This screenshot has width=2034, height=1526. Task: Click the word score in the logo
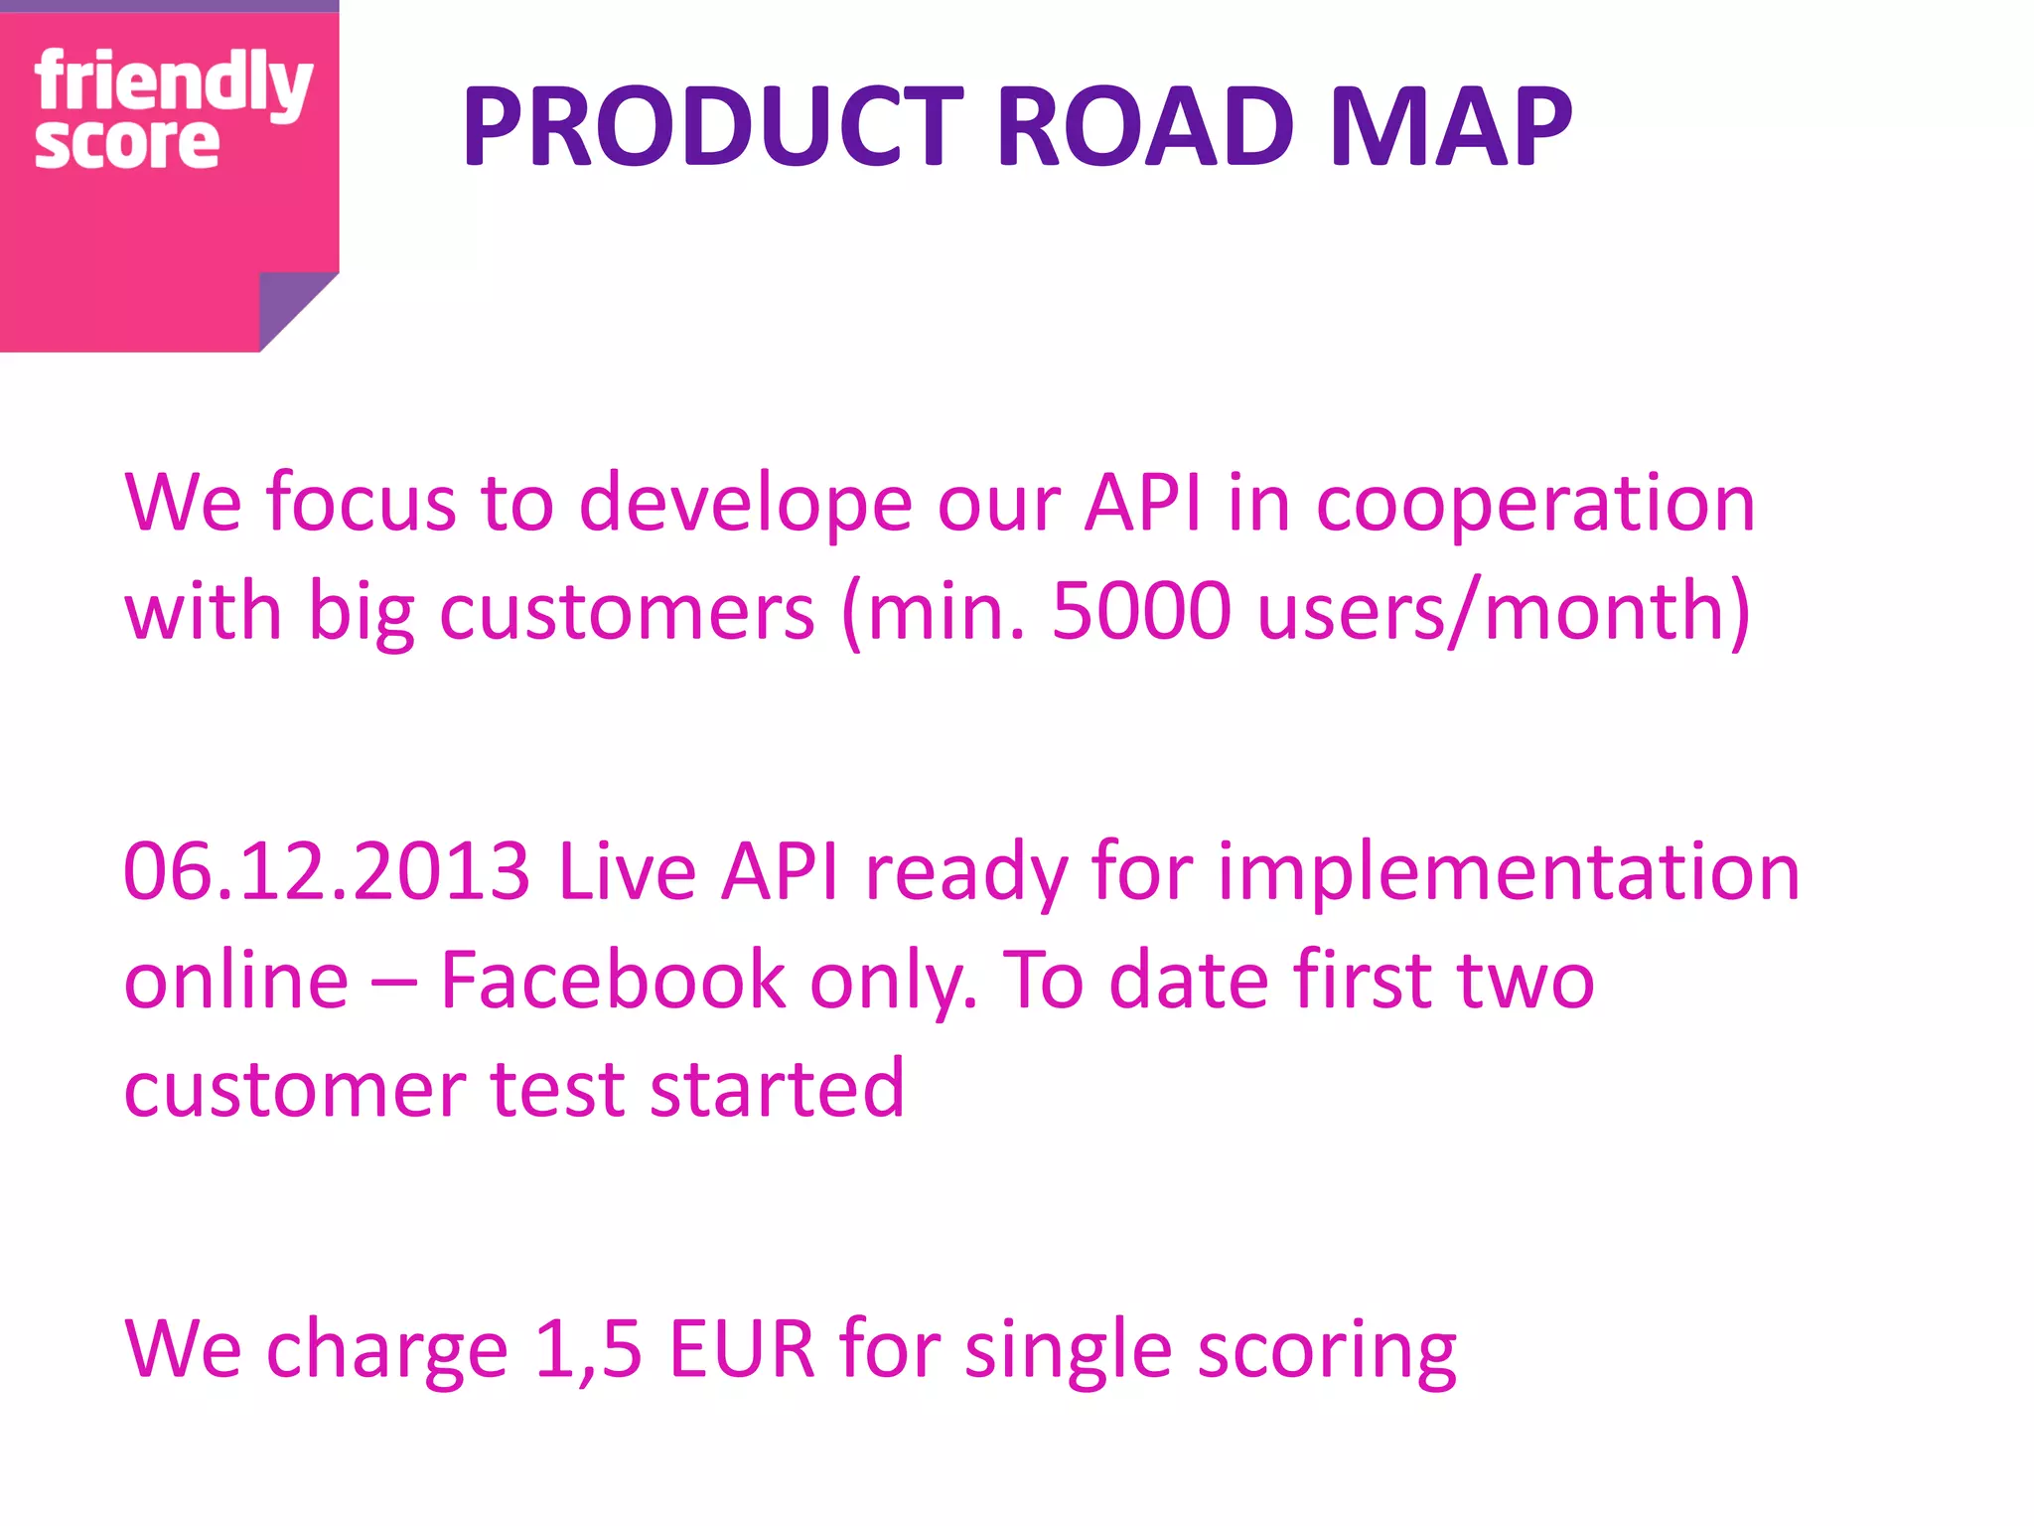pos(126,144)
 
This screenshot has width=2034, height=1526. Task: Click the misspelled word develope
pos(745,503)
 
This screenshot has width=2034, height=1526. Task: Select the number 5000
pos(1141,610)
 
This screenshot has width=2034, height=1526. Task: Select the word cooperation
pos(1535,503)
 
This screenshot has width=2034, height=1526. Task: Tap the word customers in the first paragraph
pos(627,610)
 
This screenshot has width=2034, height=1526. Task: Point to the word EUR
pos(741,1349)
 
